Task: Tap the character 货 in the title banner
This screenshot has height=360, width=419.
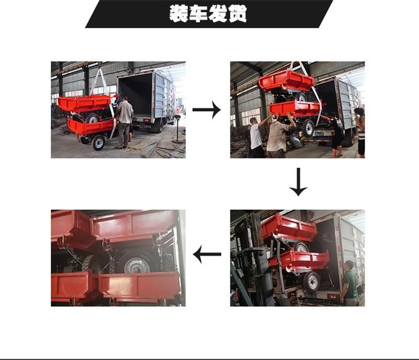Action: click(x=237, y=14)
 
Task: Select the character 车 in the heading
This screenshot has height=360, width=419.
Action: click(x=199, y=14)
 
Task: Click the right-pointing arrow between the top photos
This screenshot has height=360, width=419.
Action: click(x=206, y=109)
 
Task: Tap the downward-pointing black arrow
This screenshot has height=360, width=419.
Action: click(x=298, y=182)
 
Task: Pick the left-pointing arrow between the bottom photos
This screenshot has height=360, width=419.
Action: click(x=207, y=254)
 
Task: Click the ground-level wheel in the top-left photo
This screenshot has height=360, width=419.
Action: click(x=98, y=143)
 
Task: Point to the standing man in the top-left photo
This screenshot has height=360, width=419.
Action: click(x=124, y=123)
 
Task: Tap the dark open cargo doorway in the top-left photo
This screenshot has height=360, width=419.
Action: click(x=135, y=95)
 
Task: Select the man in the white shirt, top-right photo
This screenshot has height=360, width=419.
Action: click(x=256, y=136)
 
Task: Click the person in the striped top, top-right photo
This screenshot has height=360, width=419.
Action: click(x=360, y=132)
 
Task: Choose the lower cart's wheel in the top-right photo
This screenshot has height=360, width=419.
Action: click(x=308, y=128)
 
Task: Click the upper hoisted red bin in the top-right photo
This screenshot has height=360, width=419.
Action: click(x=286, y=80)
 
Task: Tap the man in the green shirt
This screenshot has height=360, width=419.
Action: click(x=349, y=284)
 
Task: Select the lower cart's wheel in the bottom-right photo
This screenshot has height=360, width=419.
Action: click(x=311, y=282)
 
